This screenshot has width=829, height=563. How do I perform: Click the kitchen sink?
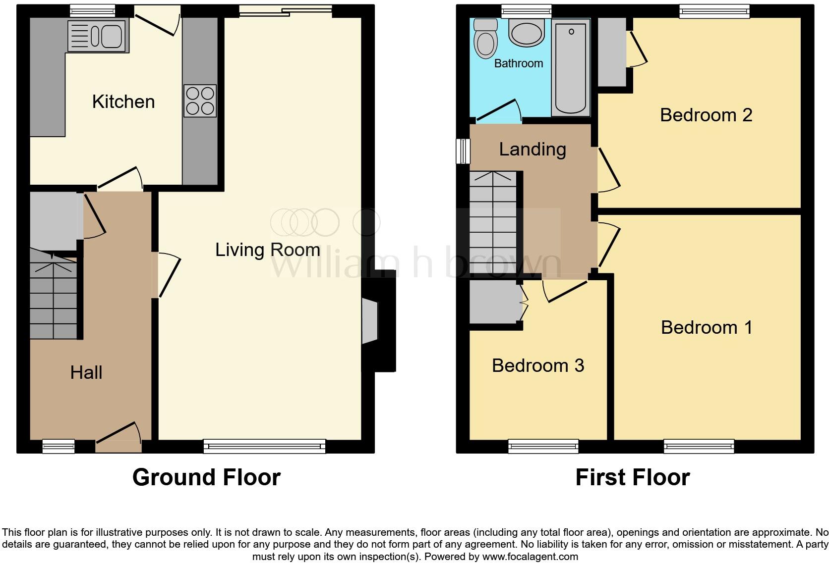pos(98,36)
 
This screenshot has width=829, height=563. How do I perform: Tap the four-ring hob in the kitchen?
pos(200,101)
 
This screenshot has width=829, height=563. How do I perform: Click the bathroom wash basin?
pos(527,33)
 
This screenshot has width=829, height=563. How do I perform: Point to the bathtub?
pos(571,68)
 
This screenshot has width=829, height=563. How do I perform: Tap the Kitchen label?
pos(123,102)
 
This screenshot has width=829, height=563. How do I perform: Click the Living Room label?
pos(267,250)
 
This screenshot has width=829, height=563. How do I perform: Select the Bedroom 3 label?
pos(538,365)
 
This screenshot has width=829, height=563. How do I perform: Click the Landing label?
pos(533,149)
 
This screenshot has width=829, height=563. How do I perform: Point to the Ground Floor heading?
pos(206,477)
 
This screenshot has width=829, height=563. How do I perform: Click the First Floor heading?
pos(632,477)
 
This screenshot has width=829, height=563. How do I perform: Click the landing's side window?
pos(463,151)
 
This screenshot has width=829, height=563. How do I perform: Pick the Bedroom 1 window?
pos(699,446)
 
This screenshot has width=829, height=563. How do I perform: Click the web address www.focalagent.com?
pos(529,557)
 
